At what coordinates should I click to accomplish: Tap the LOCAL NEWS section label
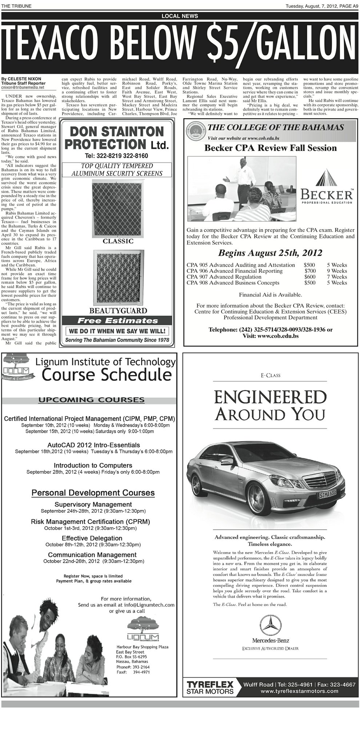point(180,16)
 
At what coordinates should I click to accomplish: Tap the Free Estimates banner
point(118,321)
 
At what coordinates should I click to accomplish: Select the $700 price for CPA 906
point(310,271)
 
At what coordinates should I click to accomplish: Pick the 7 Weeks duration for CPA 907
point(337,277)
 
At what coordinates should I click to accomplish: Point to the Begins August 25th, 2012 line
point(270,253)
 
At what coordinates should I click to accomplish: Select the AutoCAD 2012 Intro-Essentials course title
point(93,445)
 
